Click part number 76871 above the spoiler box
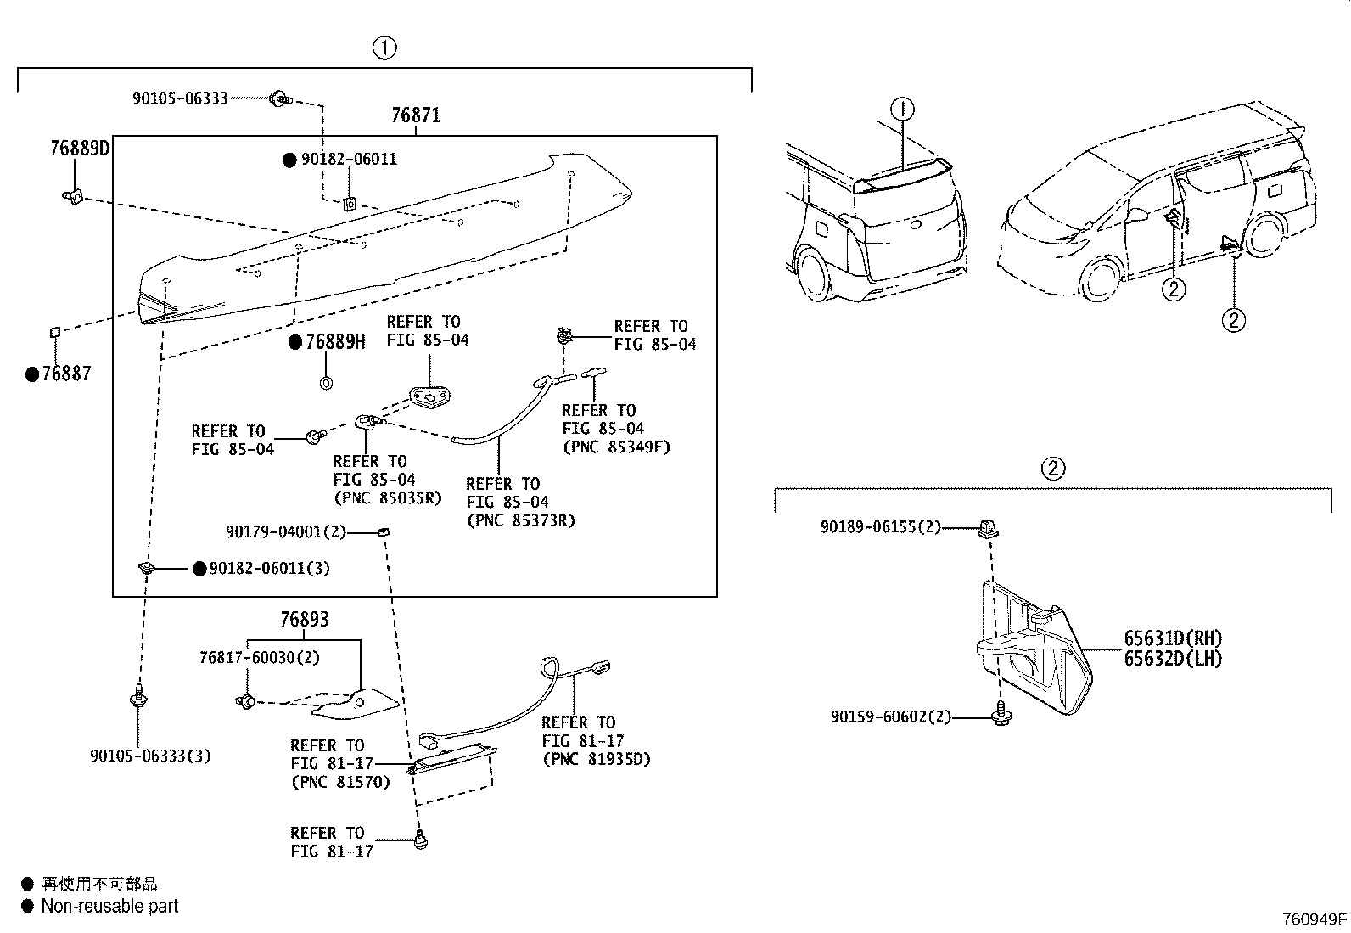(x=416, y=115)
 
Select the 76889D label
(x=80, y=149)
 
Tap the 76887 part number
(x=66, y=374)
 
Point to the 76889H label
(x=335, y=342)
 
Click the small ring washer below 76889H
(x=326, y=384)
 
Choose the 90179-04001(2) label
(x=286, y=532)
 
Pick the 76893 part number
(x=305, y=620)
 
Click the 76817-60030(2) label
(x=260, y=658)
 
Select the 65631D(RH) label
(x=1174, y=639)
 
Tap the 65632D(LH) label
(x=1174, y=659)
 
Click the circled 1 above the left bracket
(x=384, y=48)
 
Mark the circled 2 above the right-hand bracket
(x=1052, y=468)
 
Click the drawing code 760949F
(x=1314, y=919)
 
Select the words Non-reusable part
(x=110, y=907)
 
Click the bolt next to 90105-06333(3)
(x=137, y=699)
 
